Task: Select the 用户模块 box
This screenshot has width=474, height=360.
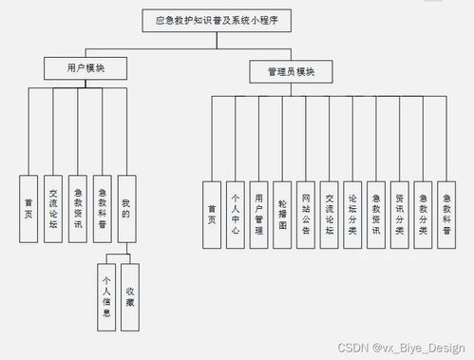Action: [x=86, y=68]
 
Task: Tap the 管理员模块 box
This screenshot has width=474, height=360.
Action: [x=292, y=70]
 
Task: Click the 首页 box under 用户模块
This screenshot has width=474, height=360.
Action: [x=29, y=208]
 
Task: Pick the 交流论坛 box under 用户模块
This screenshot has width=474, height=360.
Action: [x=53, y=208]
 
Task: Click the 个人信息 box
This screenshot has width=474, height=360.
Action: [x=107, y=297]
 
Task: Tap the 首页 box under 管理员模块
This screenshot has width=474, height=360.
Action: [x=212, y=214]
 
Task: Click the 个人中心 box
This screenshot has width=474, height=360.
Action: [x=236, y=214]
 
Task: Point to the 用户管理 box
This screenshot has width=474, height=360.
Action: [x=258, y=214]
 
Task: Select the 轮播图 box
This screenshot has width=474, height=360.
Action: [x=282, y=214]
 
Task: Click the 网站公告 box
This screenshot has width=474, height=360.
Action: [x=305, y=214]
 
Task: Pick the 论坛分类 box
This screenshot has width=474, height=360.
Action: [x=352, y=214]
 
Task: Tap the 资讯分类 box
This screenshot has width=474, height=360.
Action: [x=399, y=214]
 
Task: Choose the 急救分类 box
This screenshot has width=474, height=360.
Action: [x=423, y=214]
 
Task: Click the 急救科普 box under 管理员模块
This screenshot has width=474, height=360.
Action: [x=446, y=214]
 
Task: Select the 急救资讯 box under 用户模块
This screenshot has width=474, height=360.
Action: [x=78, y=208]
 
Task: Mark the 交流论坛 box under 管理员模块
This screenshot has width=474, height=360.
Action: [x=329, y=214]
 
